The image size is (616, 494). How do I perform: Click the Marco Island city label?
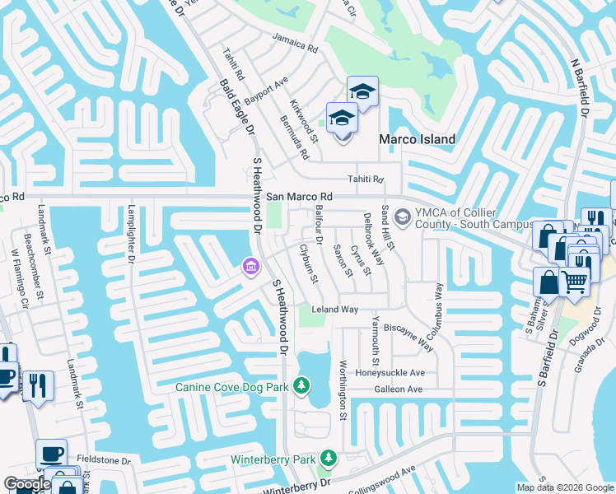click(x=416, y=139)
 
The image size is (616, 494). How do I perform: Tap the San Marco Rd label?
click(x=299, y=197)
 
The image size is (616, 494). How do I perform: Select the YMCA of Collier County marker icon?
click(x=403, y=217)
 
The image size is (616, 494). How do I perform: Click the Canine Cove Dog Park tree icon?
click(x=302, y=385)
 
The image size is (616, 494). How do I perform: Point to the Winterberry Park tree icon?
click(x=329, y=458)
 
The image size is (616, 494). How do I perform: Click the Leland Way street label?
click(x=334, y=310)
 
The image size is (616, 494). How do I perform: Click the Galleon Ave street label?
click(x=398, y=389)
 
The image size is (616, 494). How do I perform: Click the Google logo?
click(x=27, y=484)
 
